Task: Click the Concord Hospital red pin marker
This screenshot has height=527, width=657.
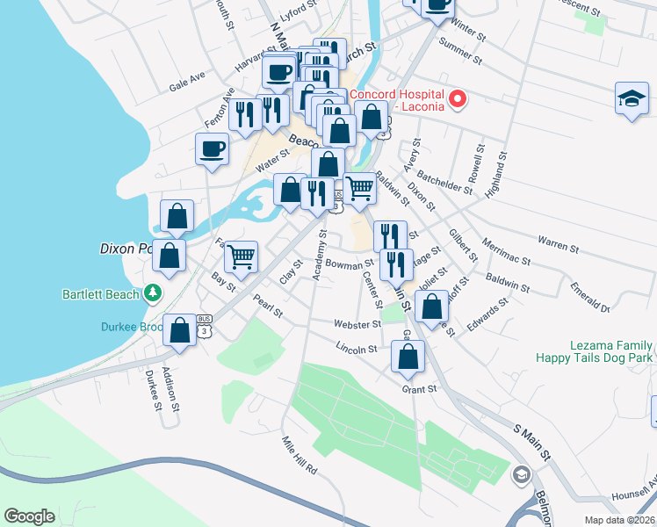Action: tap(457, 99)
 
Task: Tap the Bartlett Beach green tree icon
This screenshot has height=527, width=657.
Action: tap(155, 292)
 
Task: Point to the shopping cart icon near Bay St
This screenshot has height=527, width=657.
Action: tap(241, 256)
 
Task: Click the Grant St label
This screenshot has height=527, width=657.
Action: tap(419, 389)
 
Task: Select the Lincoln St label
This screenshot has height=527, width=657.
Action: tap(356, 349)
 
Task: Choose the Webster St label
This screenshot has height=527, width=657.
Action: tap(357, 324)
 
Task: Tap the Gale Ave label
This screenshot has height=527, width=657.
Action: tap(186, 82)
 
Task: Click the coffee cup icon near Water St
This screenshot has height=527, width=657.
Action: tap(212, 148)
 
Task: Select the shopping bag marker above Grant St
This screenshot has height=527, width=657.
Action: tap(408, 357)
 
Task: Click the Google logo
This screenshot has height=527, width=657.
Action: tap(29, 516)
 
